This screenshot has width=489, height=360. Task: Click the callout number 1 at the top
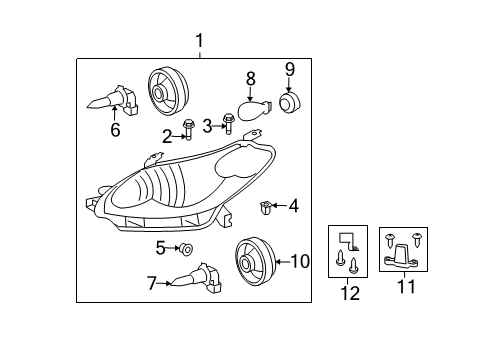pos(200,41)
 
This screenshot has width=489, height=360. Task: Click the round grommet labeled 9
pos(291,103)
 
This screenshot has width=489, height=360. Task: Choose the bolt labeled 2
pos(189,128)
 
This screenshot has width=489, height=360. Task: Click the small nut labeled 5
pos(187,248)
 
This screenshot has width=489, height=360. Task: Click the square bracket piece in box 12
pos(347,240)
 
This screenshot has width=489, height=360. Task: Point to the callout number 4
pos(293,207)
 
